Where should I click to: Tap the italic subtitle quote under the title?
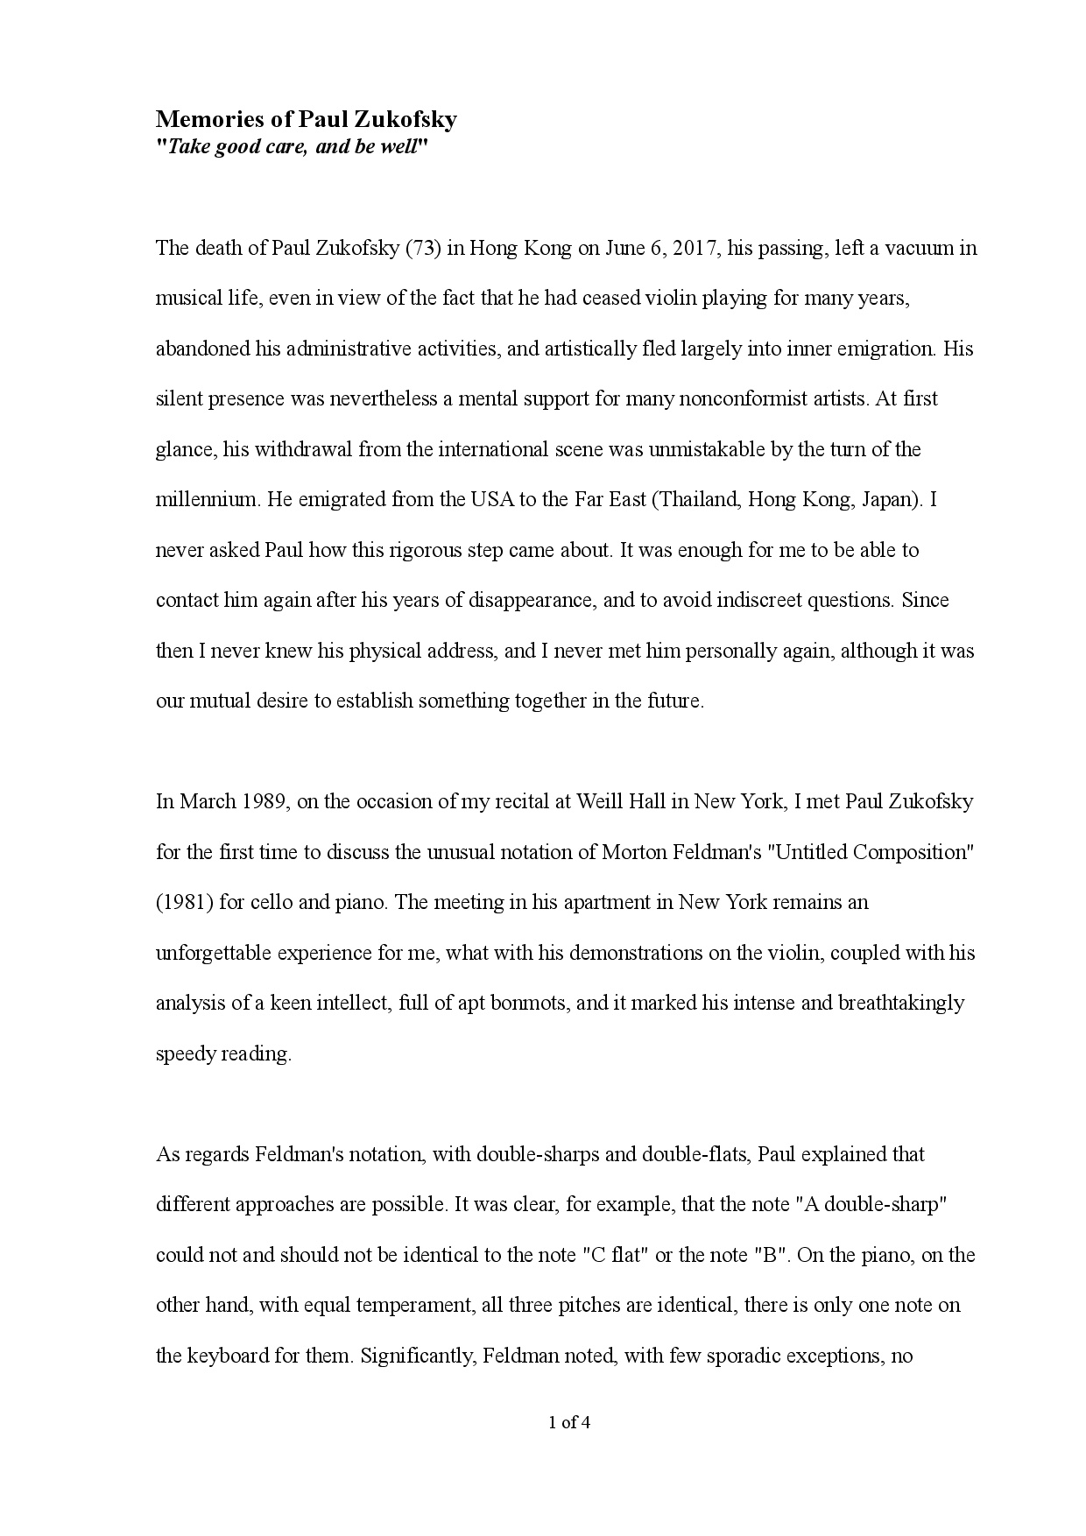tap(292, 146)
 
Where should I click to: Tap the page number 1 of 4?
tap(569, 1423)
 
